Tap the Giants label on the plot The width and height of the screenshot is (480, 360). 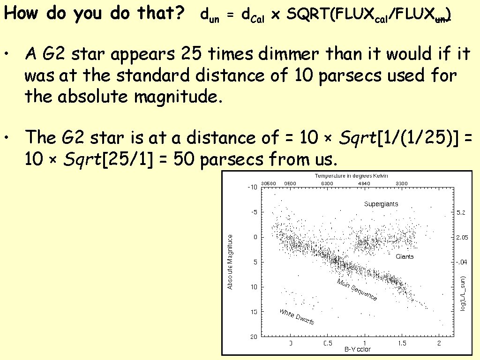click(x=405, y=256)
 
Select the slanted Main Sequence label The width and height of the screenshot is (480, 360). click(x=357, y=289)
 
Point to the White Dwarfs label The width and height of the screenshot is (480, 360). click(x=296, y=317)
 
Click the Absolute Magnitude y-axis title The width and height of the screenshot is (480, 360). click(x=230, y=262)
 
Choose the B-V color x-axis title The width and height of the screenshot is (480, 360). click(x=357, y=349)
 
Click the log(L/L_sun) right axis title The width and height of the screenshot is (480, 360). click(x=462, y=293)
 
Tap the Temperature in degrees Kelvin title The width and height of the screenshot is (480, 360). click(x=351, y=176)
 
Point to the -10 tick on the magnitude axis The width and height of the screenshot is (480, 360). click(x=252, y=187)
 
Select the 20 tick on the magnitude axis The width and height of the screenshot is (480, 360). click(x=253, y=337)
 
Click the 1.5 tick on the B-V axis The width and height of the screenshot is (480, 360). click(x=402, y=344)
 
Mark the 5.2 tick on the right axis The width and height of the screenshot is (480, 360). click(x=461, y=212)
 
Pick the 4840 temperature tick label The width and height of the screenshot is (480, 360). click(x=364, y=183)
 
